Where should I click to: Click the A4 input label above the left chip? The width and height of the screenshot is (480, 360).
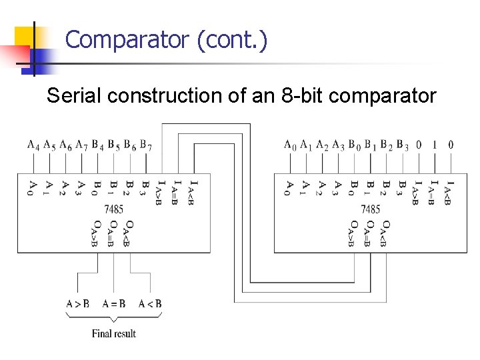coord(33,145)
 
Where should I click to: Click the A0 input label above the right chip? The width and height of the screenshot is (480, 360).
coord(290,145)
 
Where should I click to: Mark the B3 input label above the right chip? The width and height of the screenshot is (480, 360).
coord(403,145)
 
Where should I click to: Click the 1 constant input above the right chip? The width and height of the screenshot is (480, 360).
coord(435,144)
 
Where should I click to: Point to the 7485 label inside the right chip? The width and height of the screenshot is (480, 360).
coord(371,209)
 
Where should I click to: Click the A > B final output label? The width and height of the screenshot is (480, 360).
coord(77,304)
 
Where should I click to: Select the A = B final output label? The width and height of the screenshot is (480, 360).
coord(114,304)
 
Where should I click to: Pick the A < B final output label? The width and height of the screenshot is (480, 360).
coord(150,304)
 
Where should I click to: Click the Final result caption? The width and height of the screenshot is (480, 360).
coord(114,333)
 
